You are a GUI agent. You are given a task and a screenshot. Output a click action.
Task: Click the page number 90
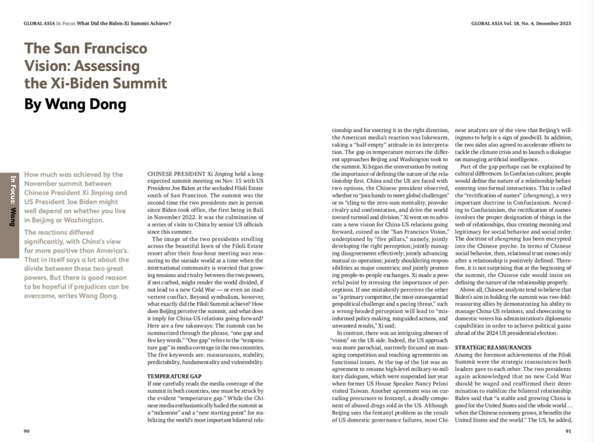point(26,430)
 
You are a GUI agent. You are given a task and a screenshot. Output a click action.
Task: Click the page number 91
point(568,430)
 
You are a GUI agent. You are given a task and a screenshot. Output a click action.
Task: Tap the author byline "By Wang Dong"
point(75,104)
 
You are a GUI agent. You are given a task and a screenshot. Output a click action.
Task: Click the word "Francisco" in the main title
point(118,48)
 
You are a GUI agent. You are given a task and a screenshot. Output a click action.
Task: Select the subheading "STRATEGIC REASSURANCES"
point(493,347)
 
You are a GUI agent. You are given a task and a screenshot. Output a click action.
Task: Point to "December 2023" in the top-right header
point(551,24)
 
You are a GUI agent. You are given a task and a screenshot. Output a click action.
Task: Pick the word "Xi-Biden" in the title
point(72,84)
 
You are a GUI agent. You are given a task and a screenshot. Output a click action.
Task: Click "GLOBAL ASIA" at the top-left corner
point(39,24)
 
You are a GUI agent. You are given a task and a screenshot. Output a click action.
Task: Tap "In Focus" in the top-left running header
point(65,24)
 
